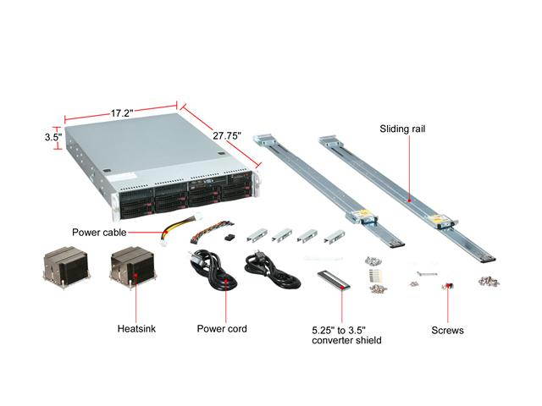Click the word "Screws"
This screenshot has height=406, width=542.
445,331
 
